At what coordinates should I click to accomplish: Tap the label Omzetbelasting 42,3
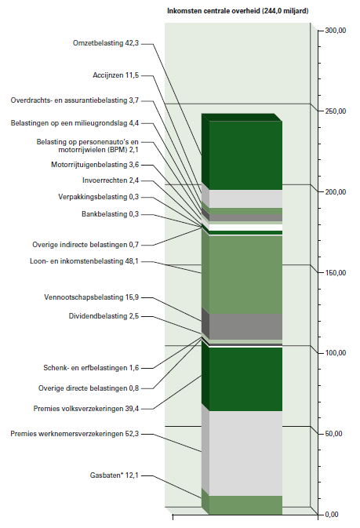pos(106,43)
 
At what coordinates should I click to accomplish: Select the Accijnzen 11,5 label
pos(115,75)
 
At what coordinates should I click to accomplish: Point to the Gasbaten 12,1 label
pos(115,475)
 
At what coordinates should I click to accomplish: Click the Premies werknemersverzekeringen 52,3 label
pos(75,434)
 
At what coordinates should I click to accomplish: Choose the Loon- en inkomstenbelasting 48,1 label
pos(84,261)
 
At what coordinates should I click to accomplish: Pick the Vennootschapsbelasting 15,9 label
pos(91,297)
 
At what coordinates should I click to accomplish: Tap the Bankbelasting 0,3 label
pos(110,214)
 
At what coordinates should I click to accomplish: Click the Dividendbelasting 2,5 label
pos(104,316)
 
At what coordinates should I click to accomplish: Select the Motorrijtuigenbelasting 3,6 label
pos(95,165)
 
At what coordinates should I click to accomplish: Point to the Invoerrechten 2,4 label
pos(111,180)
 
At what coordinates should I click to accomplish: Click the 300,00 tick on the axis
pos(336,31)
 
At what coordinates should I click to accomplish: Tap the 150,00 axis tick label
pos(336,273)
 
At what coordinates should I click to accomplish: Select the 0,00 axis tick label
pos(332,515)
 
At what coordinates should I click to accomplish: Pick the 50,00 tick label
pos(334,434)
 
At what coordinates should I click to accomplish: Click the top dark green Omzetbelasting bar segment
pos(245,155)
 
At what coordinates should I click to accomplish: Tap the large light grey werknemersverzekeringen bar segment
pos(245,453)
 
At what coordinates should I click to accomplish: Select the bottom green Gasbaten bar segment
pos(245,505)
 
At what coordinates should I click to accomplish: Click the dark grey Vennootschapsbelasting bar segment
pos(245,326)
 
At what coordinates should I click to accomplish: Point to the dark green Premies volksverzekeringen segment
pos(245,380)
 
